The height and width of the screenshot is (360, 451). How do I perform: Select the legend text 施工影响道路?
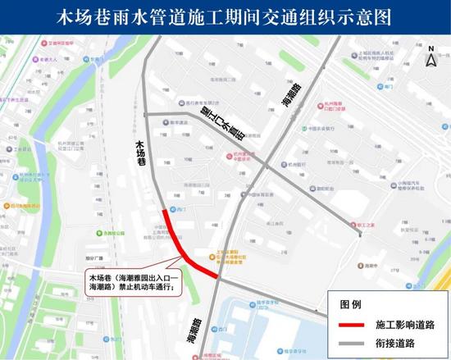(405, 324)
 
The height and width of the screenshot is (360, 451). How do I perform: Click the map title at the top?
(225, 16)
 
